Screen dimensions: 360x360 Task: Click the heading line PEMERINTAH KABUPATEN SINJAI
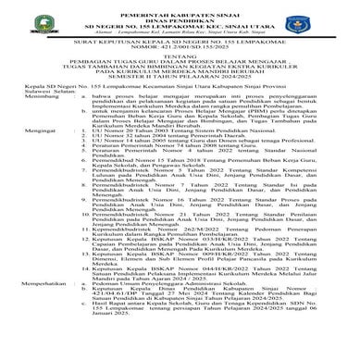coord(180,6)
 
